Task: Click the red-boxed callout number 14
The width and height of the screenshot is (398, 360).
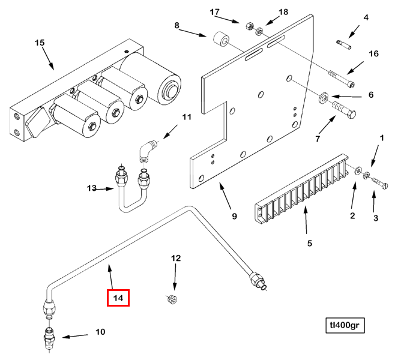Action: click(x=118, y=297)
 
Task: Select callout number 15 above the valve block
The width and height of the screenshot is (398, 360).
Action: click(x=40, y=43)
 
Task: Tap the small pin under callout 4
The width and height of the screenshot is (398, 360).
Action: click(x=344, y=43)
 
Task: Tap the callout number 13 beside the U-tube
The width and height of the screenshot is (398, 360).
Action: click(x=91, y=188)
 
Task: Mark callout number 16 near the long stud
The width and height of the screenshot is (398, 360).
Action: click(x=373, y=54)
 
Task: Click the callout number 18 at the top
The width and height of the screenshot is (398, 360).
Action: click(x=283, y=12)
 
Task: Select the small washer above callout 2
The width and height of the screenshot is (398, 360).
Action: click(x=358, y=172)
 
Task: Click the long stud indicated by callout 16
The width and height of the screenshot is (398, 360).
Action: click(x=341, y=77)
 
